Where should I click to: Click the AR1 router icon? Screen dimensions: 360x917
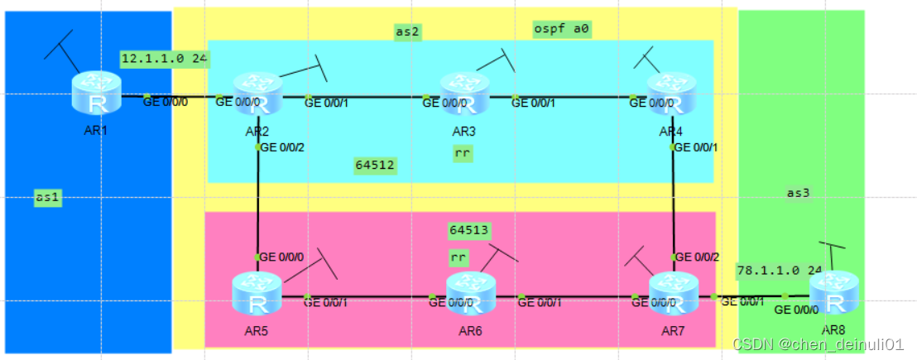click(x=96, y=92)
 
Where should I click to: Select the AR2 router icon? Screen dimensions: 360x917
click(x=257, y=93)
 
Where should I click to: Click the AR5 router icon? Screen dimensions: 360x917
click(x=257, y=295)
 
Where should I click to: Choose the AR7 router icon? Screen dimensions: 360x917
click(x=674, y=293)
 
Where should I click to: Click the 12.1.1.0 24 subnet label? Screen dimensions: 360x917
click(x=165, y=59)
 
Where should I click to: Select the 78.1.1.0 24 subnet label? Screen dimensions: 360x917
click(x=778, y=270)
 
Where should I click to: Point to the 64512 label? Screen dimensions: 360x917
click(x=375, y=165)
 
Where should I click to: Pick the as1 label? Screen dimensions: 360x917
click(x=47, y=197)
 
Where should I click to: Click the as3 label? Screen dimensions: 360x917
click(x=798, y=193)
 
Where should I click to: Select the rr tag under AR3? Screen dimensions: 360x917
click(x=463, y=152)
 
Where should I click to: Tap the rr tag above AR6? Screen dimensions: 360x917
click(x=458, y=257)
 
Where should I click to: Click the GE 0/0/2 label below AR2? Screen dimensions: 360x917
click(x=281, y=148)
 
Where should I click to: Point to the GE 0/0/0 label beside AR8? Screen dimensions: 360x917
click(x=795, y=310)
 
